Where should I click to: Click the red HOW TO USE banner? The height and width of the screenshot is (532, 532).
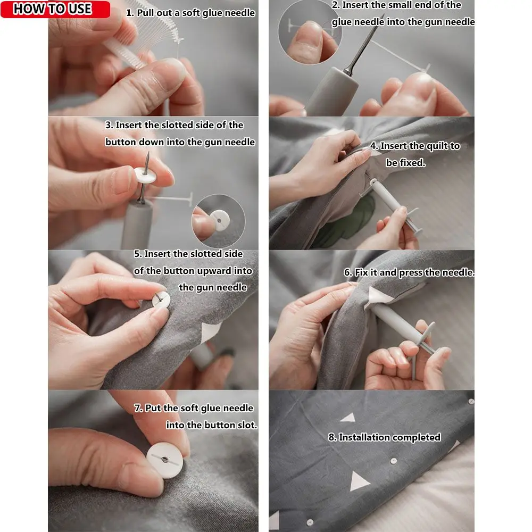pyautogui.click(x=55, y=9)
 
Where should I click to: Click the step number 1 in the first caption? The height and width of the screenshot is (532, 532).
pyautogui.click(x=129, y=13)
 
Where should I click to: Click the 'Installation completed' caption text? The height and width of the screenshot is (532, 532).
pyautogui.click(x=384, y=437)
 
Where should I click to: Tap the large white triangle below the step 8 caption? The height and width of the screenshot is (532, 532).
pyautogui.click(x=360, y=480)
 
